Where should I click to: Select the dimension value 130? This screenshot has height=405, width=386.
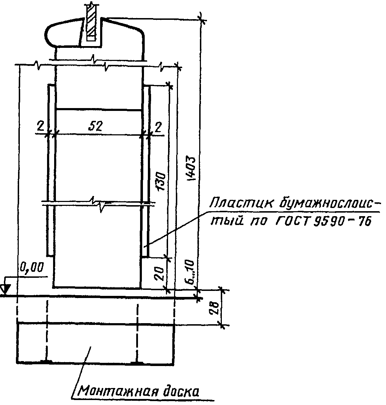(161, 181)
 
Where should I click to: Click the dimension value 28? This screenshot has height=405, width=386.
(214, 307)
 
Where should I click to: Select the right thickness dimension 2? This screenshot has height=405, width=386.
(158, 126)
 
